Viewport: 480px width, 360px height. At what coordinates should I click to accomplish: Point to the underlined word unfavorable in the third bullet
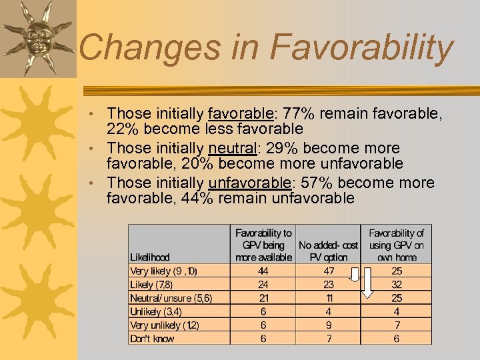(x=255, y=183)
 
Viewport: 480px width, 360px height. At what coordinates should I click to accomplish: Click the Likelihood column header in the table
(x=150, y=257)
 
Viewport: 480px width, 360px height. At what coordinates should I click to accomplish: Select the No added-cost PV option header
(x=329, y=251)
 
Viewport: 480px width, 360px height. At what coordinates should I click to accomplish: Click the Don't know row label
(x=153, y=339)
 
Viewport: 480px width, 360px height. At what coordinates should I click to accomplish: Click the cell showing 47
(x=329, y=271)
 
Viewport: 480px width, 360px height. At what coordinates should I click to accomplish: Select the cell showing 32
(x=397, y=285)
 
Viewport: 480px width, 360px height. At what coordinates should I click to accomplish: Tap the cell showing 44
(x=263, y=271)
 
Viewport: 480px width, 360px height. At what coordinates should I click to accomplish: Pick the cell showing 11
(x=329, y=298)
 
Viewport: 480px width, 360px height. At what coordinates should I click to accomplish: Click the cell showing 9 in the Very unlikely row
(x=329, y=325)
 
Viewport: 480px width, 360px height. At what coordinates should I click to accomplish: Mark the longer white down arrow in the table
(x=367, y=283)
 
